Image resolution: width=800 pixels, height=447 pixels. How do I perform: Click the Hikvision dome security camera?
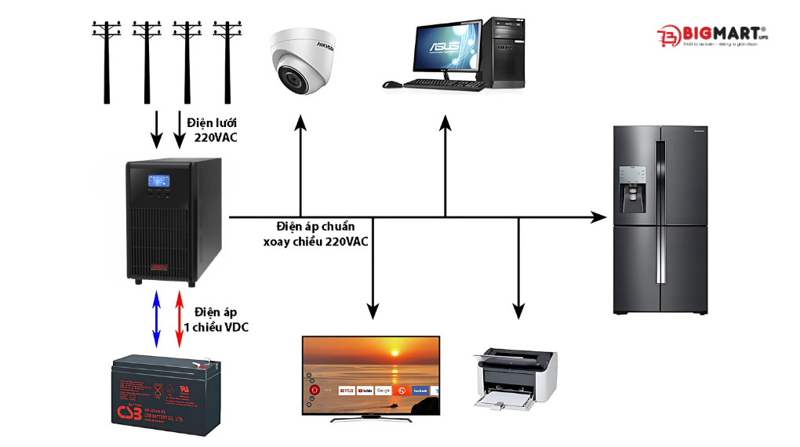pos(303,60)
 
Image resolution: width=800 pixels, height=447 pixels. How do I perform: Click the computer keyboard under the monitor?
pos(435,82)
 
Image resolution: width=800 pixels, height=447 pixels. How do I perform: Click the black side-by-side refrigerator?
pos(660,220)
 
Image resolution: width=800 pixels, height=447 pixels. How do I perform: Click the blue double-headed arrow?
pos(155,319)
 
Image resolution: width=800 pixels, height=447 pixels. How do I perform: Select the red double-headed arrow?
pos(179,319)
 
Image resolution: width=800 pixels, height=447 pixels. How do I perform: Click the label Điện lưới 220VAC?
pos(211,129)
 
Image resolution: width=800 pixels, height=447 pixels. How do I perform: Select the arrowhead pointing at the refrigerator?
pos(600,216)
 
